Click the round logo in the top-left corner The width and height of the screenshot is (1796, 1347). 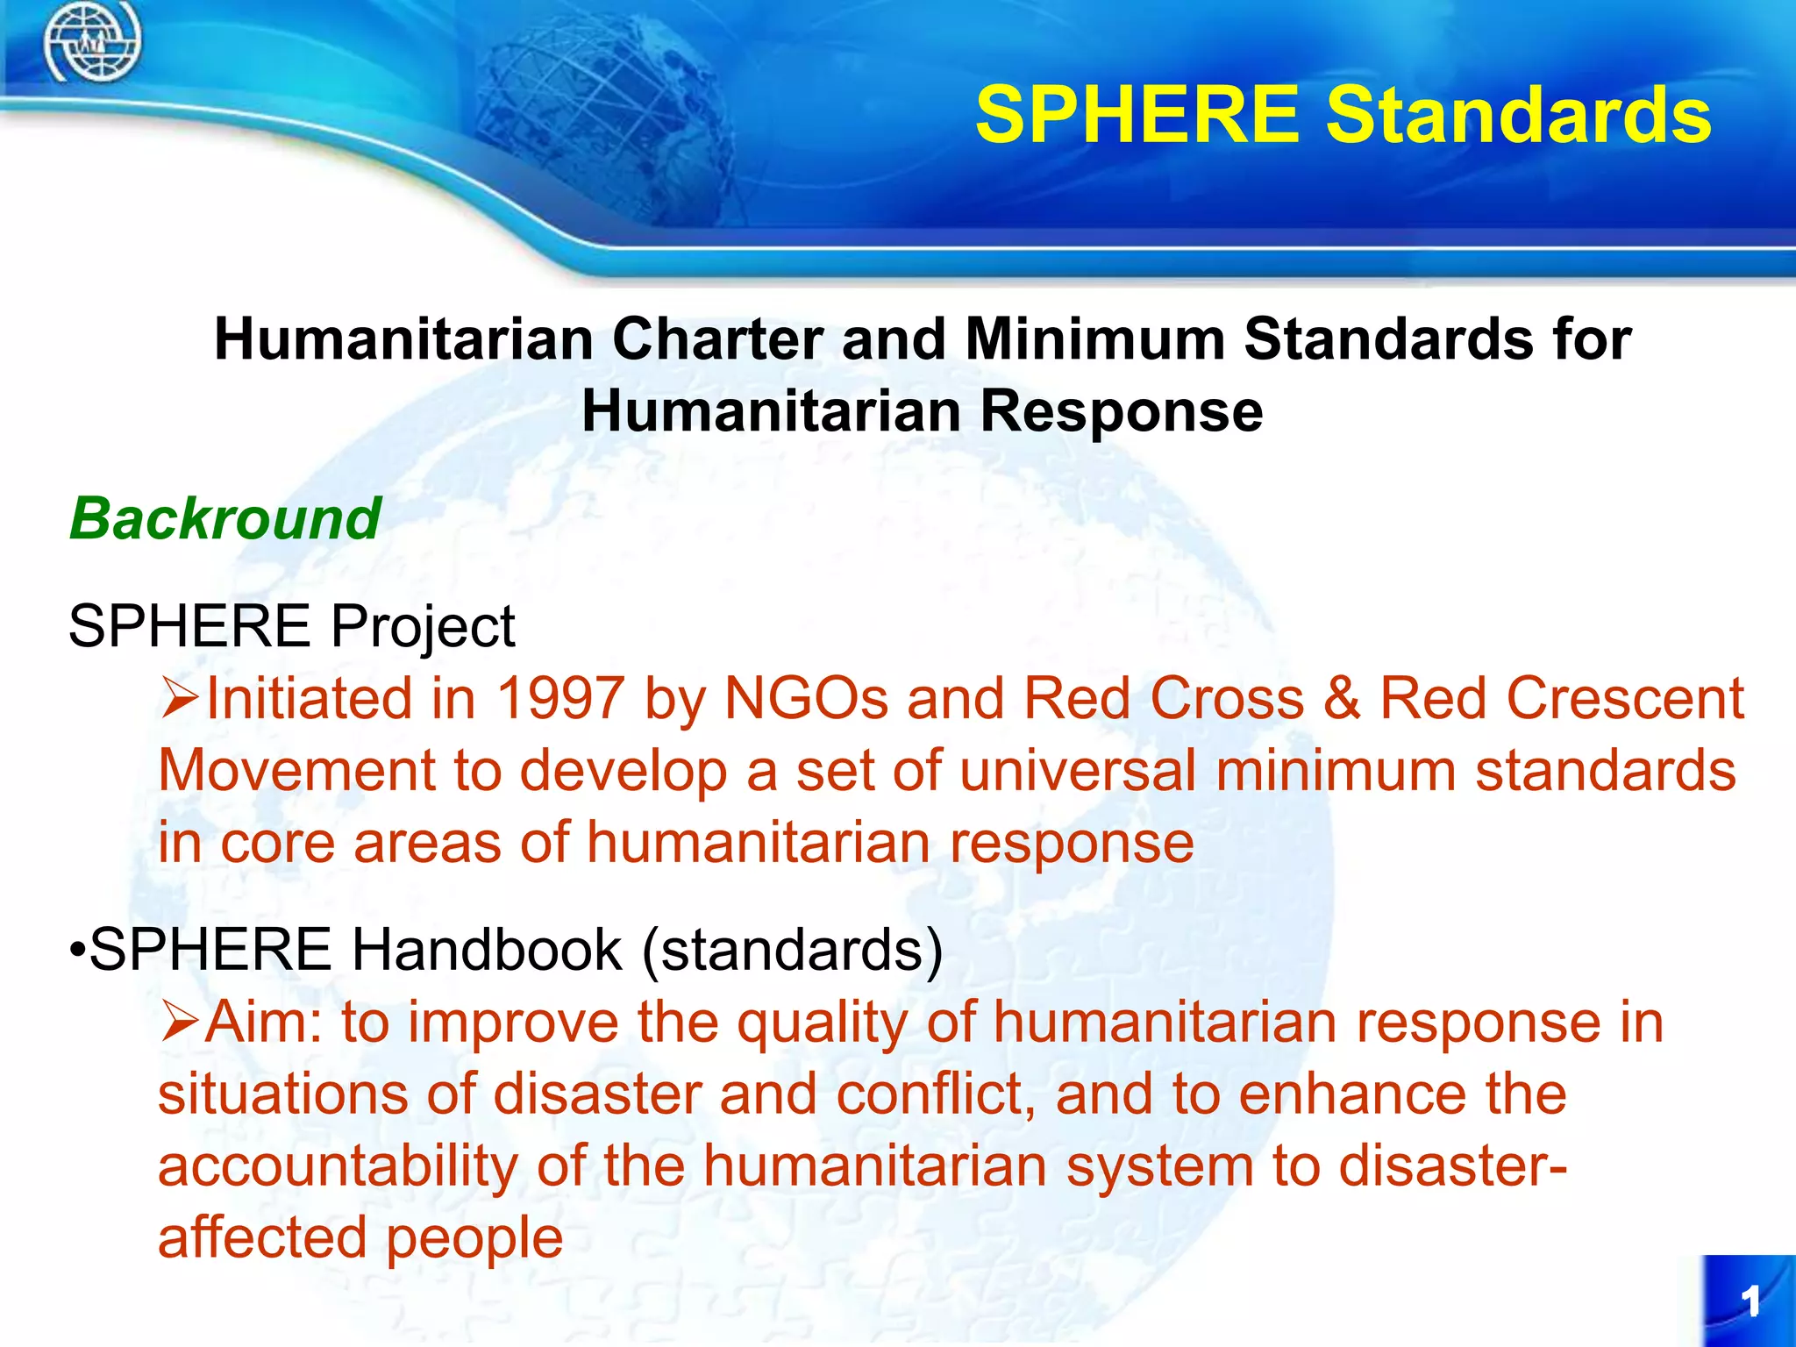(92, 42)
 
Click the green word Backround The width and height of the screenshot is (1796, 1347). (225, 518)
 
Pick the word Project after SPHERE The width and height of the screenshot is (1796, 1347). (423, 628)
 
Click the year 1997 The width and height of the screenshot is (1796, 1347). (561, 699)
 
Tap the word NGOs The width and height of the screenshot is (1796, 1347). (807, 699)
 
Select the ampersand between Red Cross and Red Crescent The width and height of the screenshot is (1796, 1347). (1342, 699)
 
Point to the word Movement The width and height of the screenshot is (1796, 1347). (296, 771)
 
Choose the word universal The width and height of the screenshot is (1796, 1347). (1078, 771)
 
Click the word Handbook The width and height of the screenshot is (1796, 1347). (487, 950)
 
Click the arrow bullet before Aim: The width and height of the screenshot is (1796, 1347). (181, 1023)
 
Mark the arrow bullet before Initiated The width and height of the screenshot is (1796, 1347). (181, 699)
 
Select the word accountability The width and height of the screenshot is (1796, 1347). (338, 1167)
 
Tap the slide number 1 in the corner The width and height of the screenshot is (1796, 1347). (1750, 1301)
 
